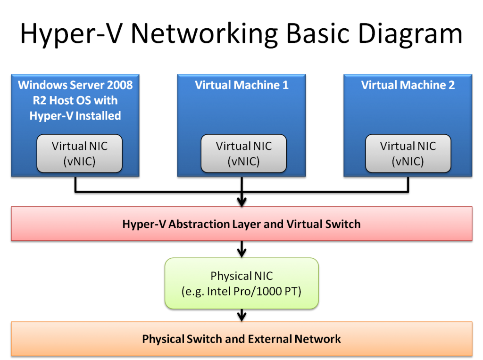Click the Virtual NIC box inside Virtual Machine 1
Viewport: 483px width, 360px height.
click(243, 154)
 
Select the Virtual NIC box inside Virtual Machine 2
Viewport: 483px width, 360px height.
click(408, 154)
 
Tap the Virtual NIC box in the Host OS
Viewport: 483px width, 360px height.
click(79, 154)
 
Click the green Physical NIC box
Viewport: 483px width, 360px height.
click(241, 283)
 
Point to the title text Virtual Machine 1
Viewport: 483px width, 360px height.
click(241, 85)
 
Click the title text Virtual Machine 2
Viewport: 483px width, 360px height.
click(408, 85)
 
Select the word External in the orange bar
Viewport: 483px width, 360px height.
click(270, 339)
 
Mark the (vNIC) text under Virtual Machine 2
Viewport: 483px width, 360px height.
click(408, 162)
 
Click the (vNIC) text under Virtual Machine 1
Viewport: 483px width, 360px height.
click(243, 162)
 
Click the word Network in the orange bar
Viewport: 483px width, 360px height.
click(317, 339)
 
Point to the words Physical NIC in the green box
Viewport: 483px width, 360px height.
click(241, 276)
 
